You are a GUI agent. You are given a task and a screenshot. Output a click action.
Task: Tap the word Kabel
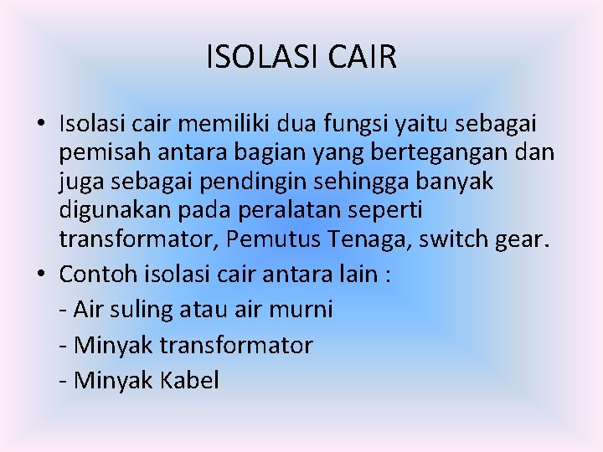click(x=186, y=381)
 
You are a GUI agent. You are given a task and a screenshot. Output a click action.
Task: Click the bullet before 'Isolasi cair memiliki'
click(x=40, y=126)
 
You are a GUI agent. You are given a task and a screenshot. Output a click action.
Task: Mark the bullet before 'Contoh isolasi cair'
click(x=40, y=275)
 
